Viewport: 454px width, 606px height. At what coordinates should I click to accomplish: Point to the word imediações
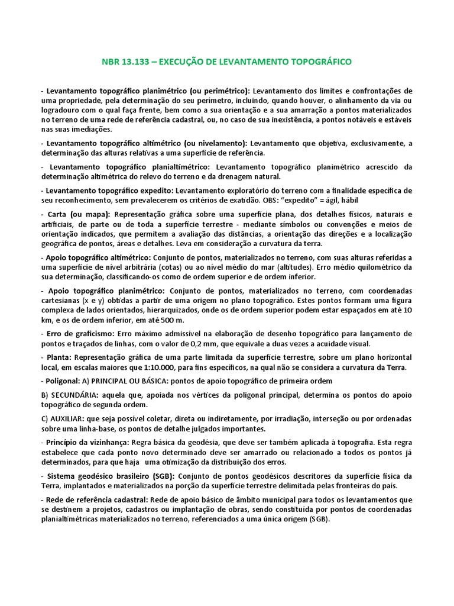[93, 130]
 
